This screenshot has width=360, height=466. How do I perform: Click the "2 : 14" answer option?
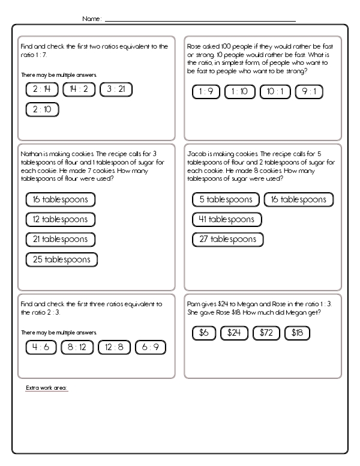coord(41,89)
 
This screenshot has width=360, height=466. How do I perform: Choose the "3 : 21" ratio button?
coord(116,89)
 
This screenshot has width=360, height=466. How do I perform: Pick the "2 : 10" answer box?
coord(41,109)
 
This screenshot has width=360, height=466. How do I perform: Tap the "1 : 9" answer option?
coord(206,92)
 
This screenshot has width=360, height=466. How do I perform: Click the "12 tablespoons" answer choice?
coord(61,219)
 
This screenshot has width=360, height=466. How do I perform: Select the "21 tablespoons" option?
coord(61,239)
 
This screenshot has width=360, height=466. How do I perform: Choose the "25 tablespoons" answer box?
coord(62,259)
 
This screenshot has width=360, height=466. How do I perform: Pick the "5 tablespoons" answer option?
coord(226,199)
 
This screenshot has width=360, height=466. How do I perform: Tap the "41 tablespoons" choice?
coord(227,219)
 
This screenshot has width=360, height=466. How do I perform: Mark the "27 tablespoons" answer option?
coord(227,239)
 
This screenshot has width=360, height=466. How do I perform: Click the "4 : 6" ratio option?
coord(41,347)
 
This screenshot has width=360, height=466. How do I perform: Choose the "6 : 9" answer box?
coord(150,347)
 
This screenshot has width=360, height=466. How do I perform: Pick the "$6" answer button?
coord(203,332)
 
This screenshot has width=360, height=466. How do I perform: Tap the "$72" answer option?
coord(266,332)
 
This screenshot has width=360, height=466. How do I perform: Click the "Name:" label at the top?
coord(92,19)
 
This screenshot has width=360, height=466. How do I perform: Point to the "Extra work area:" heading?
coord(47,388)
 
